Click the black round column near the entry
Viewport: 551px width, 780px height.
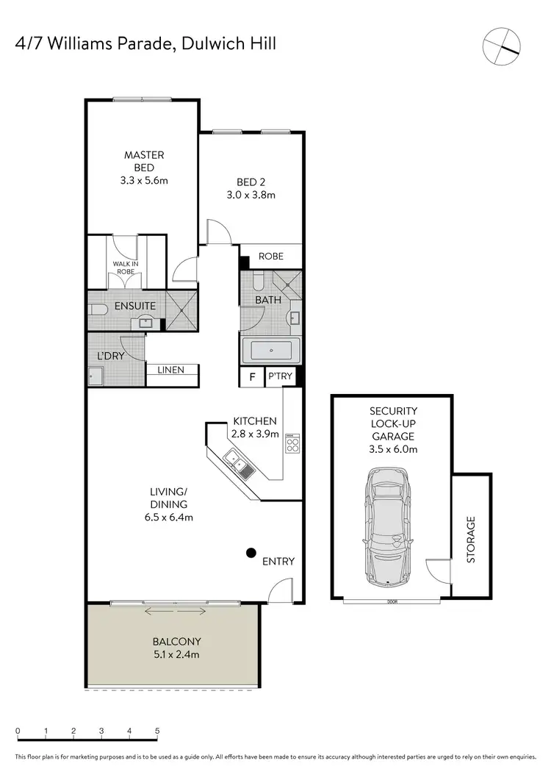point(251,552)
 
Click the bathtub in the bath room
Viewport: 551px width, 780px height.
point(270,351)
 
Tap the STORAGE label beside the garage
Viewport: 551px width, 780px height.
point(471,539)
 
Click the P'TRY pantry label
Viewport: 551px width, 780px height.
point(280,376)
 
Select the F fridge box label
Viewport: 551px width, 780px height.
point(252,376)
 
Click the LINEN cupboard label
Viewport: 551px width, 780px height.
point(171,370)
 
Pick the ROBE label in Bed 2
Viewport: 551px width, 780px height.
point(270,257)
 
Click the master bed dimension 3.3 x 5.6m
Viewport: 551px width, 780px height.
point(144,180)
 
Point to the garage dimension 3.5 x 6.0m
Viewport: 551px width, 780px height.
point(393,448)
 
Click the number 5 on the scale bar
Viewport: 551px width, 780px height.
point(157,731)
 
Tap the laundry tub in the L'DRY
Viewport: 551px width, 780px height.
point(96,377)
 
